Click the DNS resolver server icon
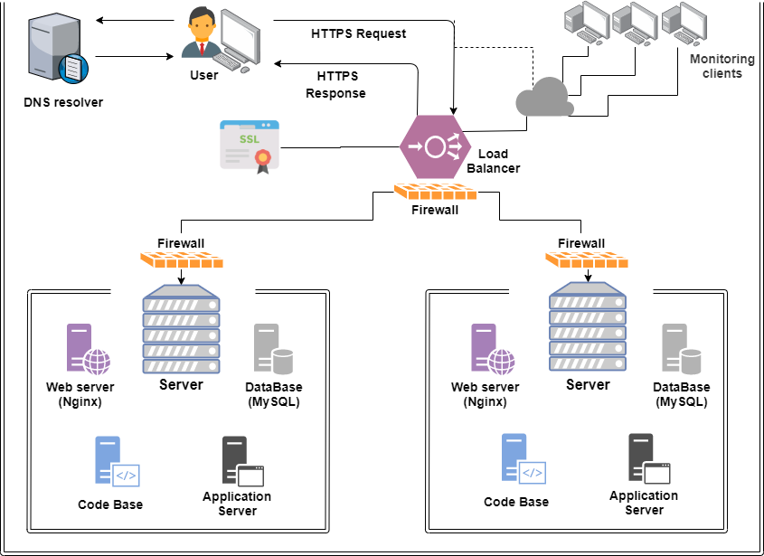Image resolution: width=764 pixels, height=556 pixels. (56, 50)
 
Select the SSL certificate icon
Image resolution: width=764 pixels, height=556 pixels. (249, 146)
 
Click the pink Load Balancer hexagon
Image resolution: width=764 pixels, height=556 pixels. (437, 146)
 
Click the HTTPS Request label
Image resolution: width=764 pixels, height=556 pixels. (358, 33)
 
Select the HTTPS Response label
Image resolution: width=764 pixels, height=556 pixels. (336, 85)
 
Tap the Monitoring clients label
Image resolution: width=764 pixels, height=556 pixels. (722, 66)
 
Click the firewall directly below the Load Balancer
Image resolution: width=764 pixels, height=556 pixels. (435, 192)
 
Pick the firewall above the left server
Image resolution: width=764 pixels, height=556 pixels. (181, 259)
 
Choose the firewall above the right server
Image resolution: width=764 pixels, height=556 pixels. (588, 259)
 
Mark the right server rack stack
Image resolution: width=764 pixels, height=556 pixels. (588, 327)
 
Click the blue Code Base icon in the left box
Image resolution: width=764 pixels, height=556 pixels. (116, 462)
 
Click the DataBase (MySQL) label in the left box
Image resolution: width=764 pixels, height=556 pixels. (274, 394)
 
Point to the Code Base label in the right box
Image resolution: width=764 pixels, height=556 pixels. (515, 502)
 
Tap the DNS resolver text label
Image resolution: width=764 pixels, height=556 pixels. (63, 102)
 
